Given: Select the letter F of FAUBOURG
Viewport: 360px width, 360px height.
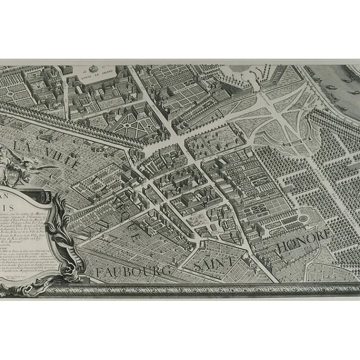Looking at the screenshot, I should [x=100, y=272].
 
